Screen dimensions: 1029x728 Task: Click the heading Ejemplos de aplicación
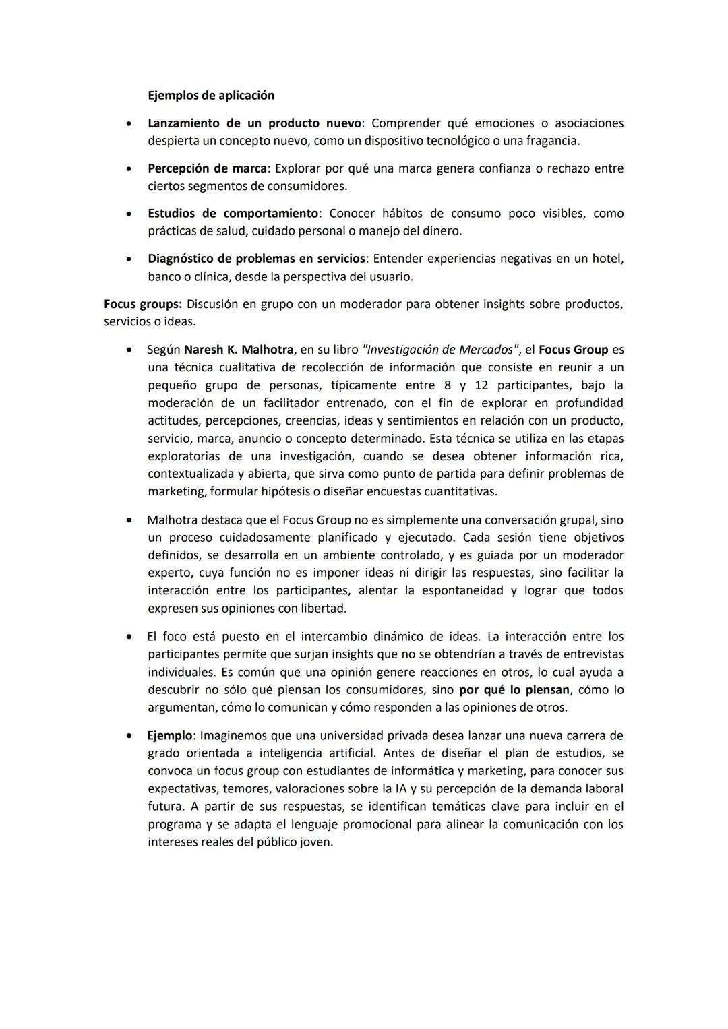211,95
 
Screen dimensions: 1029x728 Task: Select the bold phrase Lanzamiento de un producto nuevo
255,123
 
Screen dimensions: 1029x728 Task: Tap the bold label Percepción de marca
207,168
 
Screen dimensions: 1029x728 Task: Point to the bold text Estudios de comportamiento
233,213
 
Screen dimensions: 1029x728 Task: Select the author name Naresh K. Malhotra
239,350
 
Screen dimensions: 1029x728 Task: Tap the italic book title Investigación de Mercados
437,350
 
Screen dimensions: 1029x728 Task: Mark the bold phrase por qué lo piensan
514,689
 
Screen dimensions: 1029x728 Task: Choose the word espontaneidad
462,590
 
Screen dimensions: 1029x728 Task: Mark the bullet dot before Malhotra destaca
128,520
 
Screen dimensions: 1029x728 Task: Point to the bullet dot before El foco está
128,637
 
